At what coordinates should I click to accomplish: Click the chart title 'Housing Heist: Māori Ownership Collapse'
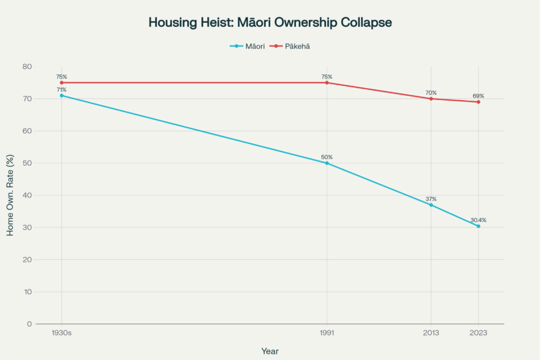270,23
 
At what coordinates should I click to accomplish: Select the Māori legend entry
247,46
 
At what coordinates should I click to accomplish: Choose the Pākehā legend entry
290,46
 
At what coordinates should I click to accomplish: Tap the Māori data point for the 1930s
61,96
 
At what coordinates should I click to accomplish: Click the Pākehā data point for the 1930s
61,82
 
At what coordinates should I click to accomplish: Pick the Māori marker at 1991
327,163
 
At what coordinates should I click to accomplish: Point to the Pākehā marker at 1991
327,82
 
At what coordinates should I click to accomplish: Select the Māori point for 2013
431,205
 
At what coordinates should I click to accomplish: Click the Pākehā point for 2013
431,99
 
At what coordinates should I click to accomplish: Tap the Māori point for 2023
478,226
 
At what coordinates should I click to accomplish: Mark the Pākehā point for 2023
478,102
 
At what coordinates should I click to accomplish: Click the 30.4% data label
478,220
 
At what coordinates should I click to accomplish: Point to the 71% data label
61,90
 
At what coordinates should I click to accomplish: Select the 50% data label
327,157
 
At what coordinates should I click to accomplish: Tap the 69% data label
478,96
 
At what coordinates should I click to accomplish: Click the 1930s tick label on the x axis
61,334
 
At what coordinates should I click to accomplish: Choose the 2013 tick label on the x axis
431,334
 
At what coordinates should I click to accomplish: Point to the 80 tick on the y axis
27,67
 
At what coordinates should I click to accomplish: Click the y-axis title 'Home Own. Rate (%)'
10,195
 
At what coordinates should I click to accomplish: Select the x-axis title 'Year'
270,351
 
